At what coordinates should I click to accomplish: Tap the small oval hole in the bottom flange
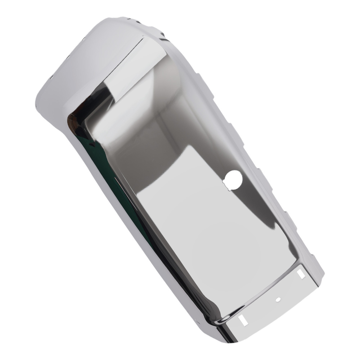tap(278, 298)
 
